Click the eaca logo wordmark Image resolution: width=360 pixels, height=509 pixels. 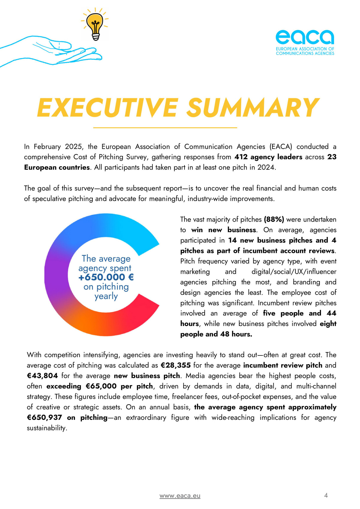pyautogui.click(x=304, y=37)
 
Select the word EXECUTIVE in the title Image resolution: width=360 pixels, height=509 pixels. pyautogui.click(x=107, y=107)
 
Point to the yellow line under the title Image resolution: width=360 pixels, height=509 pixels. pyautogui.click(x=165, y=128)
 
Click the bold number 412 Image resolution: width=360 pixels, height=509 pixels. pyautogui.click(x=241, y=157)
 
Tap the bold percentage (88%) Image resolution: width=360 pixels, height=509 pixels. pyautogui.click(x=274, y=220)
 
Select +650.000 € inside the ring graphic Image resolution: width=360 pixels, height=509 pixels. pyautogui.click(x=106, y=277)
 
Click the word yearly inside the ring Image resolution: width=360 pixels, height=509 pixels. pyautogui.click(x=106, y=296)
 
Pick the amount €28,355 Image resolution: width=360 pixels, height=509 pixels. pyautogui.click(x=175, y=365)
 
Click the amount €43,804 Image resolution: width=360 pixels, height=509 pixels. pyautogui.click(x=42, y=376)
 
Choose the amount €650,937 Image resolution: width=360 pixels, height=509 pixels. pyautogui.click(x=44, y=418)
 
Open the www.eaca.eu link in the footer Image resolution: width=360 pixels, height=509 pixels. pyautogui.click(x=180, y=496)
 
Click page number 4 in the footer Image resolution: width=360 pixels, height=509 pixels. pyautogui.click(x=326, y=495)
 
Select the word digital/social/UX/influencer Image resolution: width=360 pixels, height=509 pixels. pyautogui.click(x=294, y=272)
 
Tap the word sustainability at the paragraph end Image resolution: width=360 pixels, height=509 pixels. pyautogui.click(x=46, y=428)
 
